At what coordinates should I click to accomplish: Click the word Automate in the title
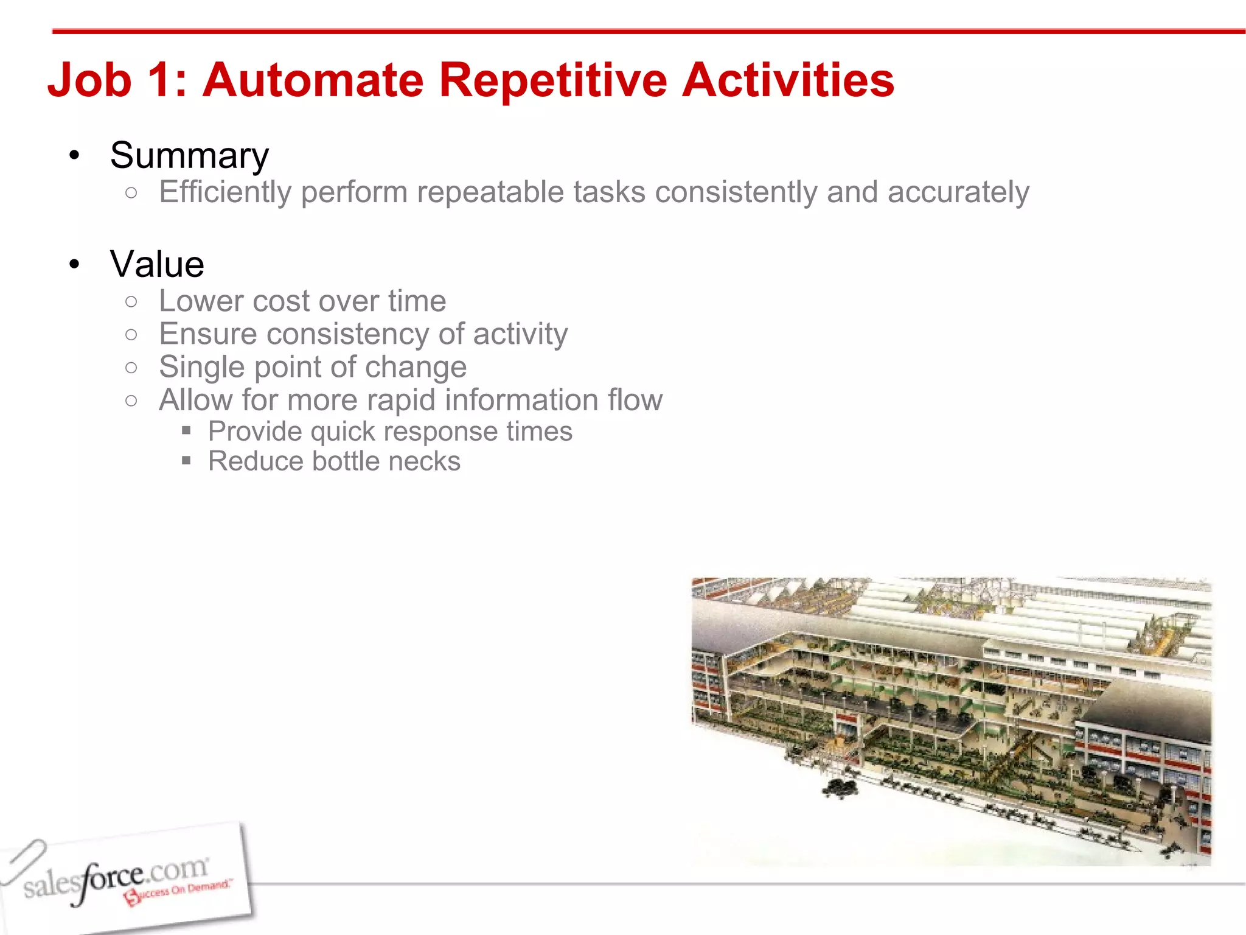tap(313, 80)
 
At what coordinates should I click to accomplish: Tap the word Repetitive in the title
tap(552, 80)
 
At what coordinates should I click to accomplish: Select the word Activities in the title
tap(788, 80)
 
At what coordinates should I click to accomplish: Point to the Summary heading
tap(189, 156)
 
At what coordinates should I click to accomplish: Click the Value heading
tap(157, 264)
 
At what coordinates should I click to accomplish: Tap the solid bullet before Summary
tap(74, 156)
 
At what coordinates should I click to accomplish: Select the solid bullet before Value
tap(74, 265)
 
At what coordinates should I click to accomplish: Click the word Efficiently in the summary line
tap(225, 192)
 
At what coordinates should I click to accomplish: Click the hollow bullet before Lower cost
tap(131, 301)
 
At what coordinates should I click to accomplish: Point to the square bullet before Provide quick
tap(186, 432)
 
